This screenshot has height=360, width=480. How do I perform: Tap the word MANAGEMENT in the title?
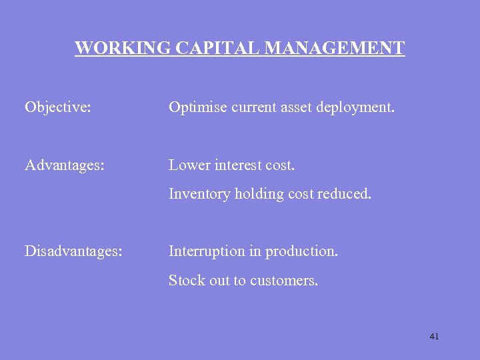pos(335,49)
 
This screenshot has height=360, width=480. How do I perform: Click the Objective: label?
pos(58,107)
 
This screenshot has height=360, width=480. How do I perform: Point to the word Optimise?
pos(197,107)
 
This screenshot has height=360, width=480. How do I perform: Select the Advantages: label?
pos(65,165)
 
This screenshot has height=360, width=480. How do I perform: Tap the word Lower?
pos(189,165)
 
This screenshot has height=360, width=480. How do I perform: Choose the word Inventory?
pos(199,194)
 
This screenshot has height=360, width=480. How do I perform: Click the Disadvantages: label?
pos(73,251)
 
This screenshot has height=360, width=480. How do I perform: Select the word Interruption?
pos(206,251)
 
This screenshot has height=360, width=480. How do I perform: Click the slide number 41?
pos(434,337)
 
